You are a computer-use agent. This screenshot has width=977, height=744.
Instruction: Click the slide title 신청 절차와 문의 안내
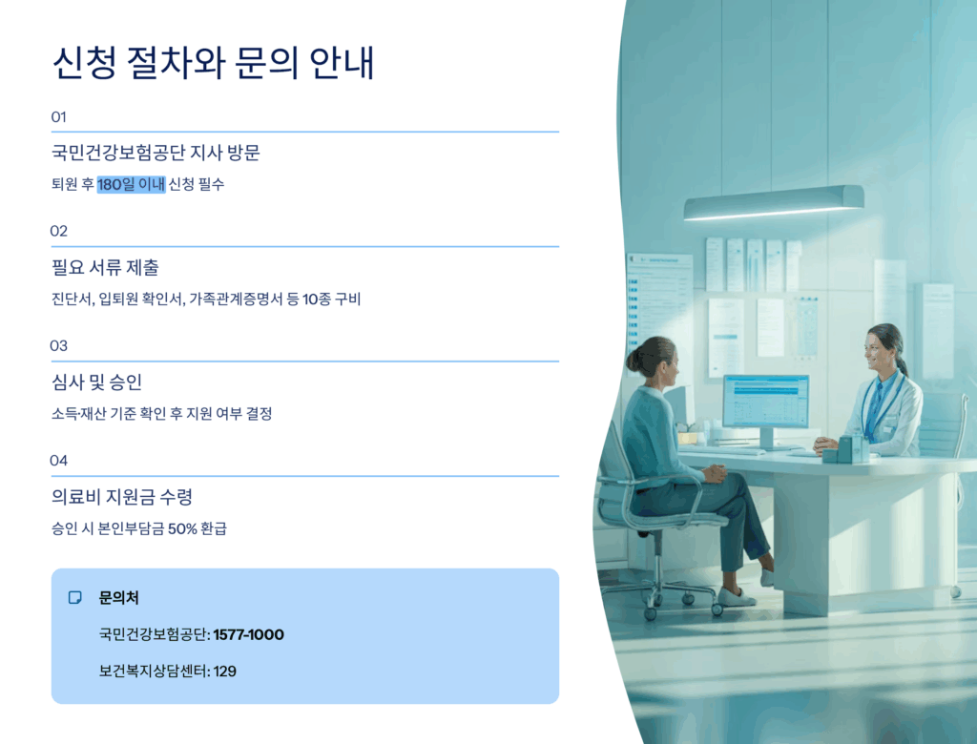(213, 63)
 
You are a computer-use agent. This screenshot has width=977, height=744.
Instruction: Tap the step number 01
(58, 117)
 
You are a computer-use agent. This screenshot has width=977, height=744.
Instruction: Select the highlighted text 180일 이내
(131, 184)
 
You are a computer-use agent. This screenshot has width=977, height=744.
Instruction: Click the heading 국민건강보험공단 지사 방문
(156, 153)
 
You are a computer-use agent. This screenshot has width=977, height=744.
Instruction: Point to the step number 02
(58, 231)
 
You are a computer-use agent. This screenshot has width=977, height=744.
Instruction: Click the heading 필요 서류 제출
(105, 267)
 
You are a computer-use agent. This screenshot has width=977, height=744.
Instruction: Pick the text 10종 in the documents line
(317, 300)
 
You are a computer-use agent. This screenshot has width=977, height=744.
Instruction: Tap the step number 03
(58, 346)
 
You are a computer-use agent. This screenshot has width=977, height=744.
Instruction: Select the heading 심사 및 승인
(97, 382)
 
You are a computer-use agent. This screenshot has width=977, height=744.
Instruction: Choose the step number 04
(58, 461)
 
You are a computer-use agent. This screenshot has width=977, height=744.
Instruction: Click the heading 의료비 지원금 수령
(122, 497)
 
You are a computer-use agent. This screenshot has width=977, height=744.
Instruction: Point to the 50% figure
(182, 529)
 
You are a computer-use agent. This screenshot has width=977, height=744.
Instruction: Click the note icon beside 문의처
(74, 597)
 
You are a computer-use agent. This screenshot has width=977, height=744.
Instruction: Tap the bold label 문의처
(119, 597)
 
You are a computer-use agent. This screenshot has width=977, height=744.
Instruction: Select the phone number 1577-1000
(249, 635)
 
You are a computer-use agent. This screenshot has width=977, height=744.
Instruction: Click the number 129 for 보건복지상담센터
(225, 672)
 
